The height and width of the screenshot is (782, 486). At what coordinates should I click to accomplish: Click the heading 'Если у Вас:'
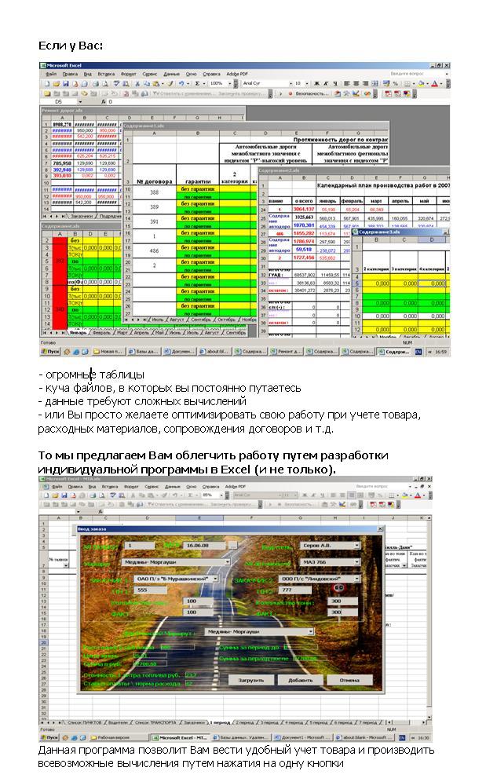71,46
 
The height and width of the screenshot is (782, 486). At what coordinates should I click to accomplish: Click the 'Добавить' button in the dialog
300,680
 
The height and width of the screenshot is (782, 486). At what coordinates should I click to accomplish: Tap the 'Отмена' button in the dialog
344,680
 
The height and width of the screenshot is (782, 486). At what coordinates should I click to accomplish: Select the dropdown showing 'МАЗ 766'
331,562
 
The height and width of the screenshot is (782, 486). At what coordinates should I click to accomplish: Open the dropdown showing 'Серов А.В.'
331,544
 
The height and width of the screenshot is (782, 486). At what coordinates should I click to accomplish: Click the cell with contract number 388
155,192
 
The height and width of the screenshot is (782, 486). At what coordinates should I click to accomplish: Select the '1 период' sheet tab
221,721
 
